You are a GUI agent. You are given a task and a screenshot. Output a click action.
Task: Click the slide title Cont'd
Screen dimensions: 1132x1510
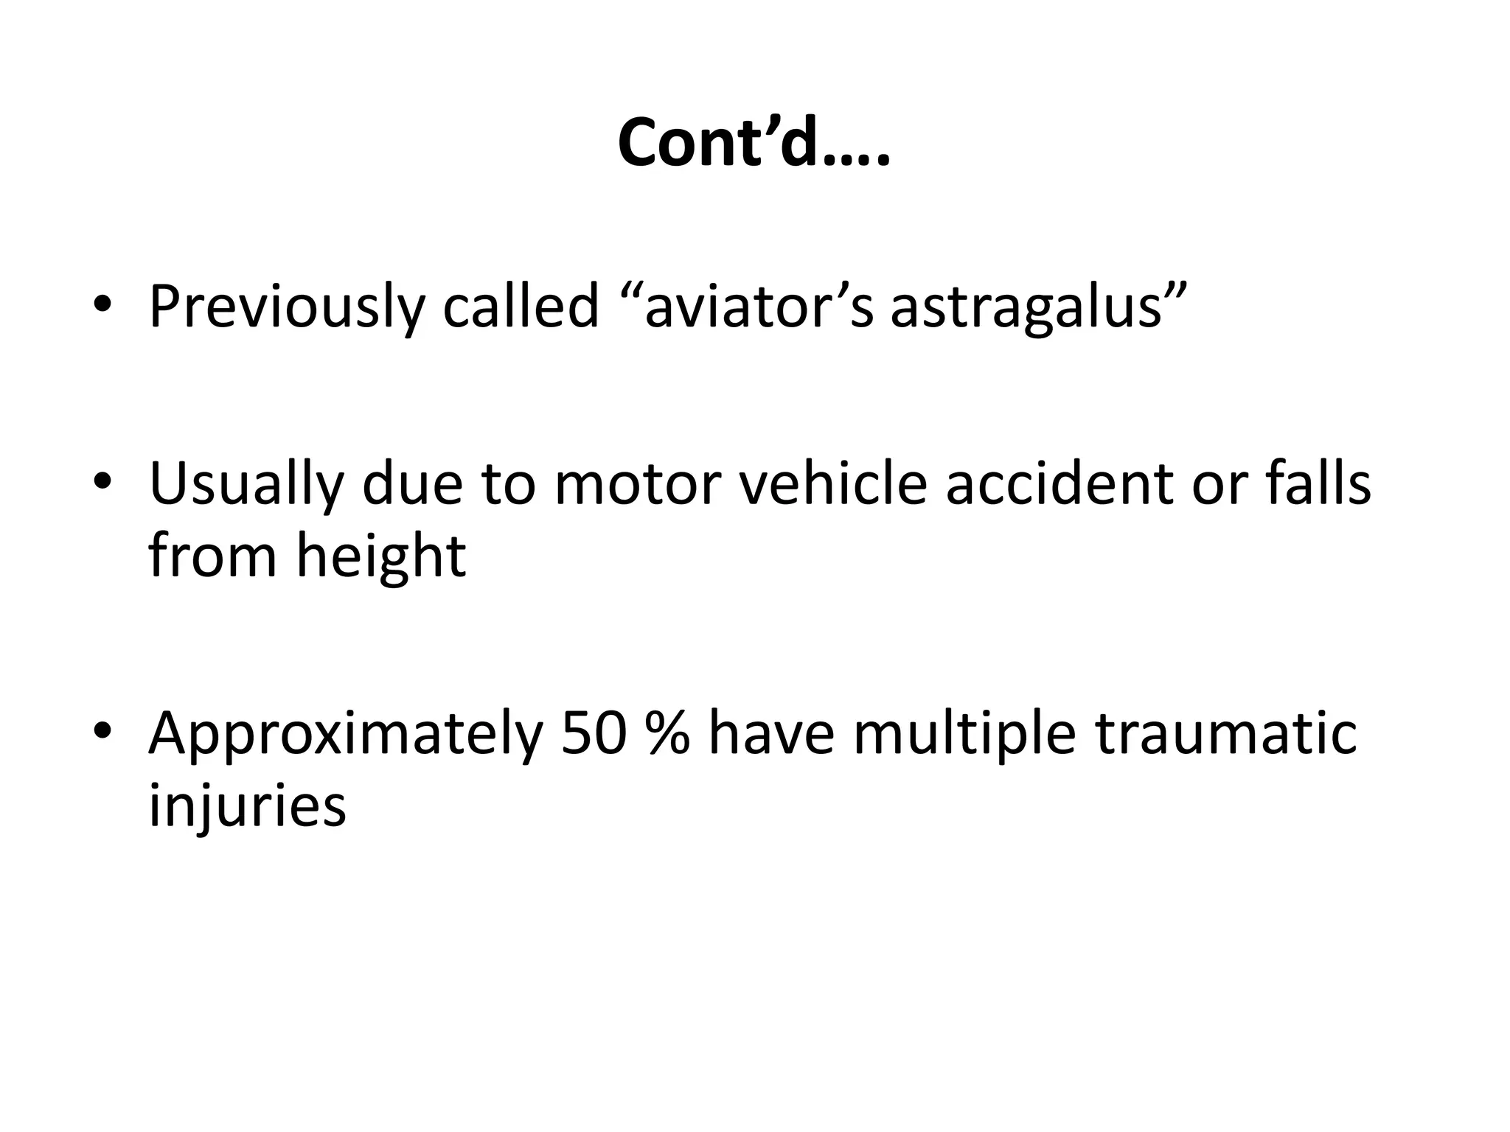click(754, 142)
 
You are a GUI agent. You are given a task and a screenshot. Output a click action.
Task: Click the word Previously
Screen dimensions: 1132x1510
click(287, 307)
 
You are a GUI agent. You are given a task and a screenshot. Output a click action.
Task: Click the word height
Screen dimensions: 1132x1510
click(381, 556)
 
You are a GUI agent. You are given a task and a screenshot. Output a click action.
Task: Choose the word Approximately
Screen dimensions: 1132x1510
click(346, 734)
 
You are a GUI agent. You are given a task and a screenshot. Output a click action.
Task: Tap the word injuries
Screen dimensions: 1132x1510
click(247, 805)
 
